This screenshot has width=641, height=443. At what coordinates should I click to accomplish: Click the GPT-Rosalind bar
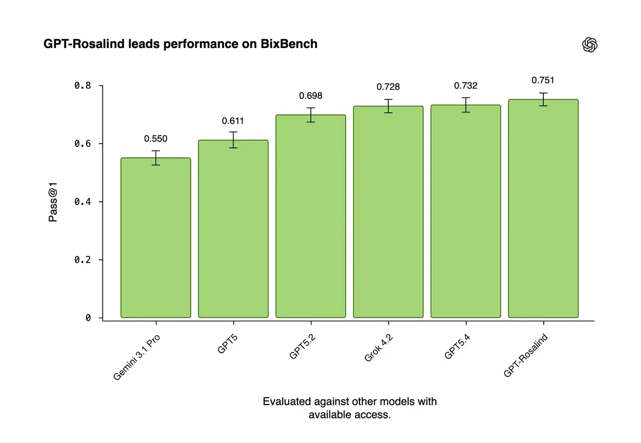pyautogui.click(x=543, y=208)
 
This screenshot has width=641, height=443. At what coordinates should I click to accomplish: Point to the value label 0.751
pyautogui.click(x=543, y=81)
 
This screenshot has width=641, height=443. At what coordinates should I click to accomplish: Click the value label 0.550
pyautogui.click(x=155, y=139)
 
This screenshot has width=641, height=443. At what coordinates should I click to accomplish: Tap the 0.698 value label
pyautogui.click(x=310, y=96)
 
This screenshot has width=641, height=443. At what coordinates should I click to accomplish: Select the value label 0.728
pyautogui.click(x=388, y=87)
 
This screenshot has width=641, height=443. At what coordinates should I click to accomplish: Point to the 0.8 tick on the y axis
pyautogui.click(x=82, y=86)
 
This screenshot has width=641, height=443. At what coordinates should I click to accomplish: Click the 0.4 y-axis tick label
pyautogui.click(x=82, y=202)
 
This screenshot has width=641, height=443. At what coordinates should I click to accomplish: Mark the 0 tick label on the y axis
pyautogui.click(x=88, y=318)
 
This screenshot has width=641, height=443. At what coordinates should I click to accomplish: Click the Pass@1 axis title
pyautogui.click(x=53, y=201)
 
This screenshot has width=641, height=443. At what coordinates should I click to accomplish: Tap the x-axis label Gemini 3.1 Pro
pyautogui.click(x=137, y=358)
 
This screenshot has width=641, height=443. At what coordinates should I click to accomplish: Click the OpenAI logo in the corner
pyautogui.click(x=589, y=45)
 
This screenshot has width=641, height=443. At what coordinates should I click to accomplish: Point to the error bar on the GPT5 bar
pyautogui.click(x=233, y=140)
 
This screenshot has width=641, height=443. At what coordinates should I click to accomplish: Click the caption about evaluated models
pyautogui.click(x=349, y=408)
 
